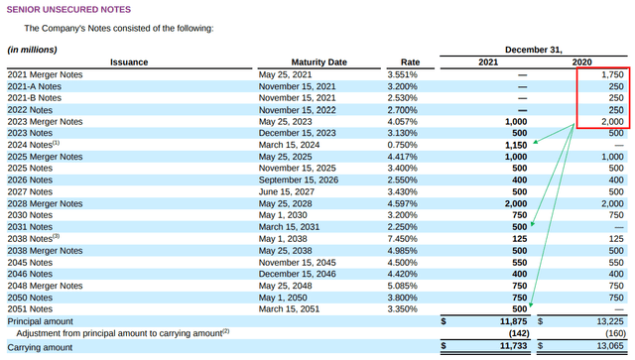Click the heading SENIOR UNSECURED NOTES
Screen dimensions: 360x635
click(68, 9)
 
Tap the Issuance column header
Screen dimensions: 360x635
click(128, 61)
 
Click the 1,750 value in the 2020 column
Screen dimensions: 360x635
click(611, 75)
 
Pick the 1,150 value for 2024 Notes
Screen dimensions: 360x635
click(514, 145)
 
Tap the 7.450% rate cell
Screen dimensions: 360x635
click(403, 238)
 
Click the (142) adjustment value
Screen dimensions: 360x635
click(514, 333)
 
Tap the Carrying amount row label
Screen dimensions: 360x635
click(40, 347)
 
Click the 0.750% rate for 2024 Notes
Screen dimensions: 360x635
click(403, 145)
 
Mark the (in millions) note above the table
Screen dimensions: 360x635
click(33, 49)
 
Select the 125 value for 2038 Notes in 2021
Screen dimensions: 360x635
click(517, 238)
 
